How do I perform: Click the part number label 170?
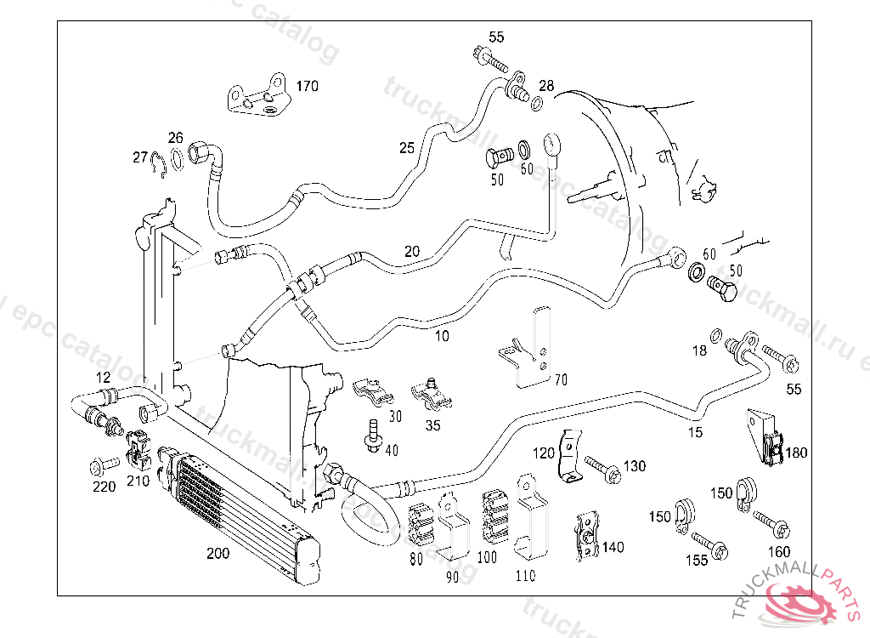coord(306,86)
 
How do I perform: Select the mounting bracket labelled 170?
coord(257,96)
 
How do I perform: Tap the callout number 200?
coord(217,553)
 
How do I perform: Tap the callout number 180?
coord(796,453)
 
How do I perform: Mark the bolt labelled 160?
coord(771,521)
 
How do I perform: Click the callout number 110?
coord(525,576)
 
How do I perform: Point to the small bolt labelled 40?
coord(371,433)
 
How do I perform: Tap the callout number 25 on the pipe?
coord(407,148)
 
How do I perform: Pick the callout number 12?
coord(103,377)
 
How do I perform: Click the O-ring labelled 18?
coord(716,333)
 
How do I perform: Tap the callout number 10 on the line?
coord(442,336)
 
